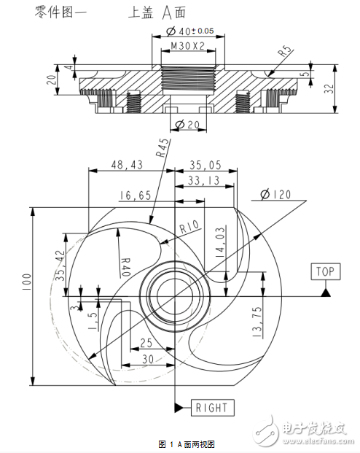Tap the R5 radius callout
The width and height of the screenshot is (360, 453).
click(x=284, y=53)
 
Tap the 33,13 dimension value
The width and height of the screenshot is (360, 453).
click(x=203, y=179)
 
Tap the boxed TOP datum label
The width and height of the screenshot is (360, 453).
click(x=324, y=271)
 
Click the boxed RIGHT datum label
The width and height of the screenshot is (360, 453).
click(x=212, y=407)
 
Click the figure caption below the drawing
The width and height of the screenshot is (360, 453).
click(x=187, y=444)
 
